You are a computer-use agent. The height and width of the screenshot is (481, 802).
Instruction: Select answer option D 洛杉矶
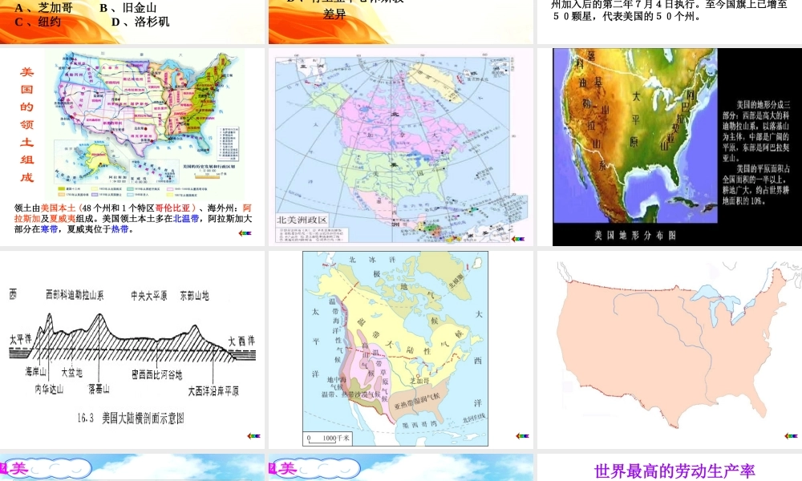pyautogui.click(x=140, y=22)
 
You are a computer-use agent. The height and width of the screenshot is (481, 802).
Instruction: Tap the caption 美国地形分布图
pyautogui.click(x=634, y=236)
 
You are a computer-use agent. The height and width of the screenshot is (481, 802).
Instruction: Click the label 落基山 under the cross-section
pyautogui.click(x=99, y=388)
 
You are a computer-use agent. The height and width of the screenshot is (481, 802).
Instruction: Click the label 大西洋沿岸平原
pyautogui.click(x=213, y=391)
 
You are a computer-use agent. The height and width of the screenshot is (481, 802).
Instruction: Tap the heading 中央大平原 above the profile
pyautogui.click(x=148, y=295)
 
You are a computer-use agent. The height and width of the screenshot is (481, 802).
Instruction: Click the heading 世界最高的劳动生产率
pyautogui.click(x=674, y=471)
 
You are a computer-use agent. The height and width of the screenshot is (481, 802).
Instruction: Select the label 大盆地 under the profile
pyautogui.click(x=71, y=373)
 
